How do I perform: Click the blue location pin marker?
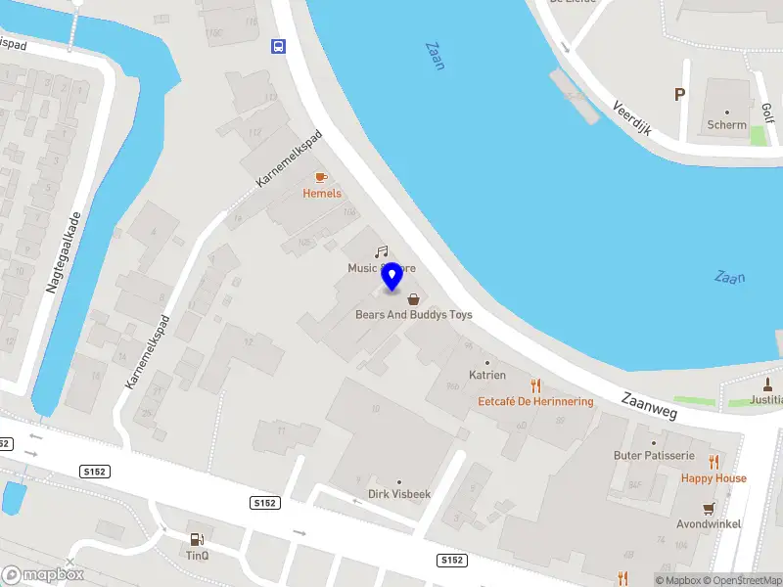(391, 276)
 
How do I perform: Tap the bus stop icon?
(279, 45)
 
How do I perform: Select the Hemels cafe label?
(322, 193)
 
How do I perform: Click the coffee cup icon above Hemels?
(320, 177)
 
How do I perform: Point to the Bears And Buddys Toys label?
(413, 314)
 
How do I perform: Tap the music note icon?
(382, 251)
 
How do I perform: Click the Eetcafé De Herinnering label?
(535, 401)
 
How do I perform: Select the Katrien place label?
(487, 375)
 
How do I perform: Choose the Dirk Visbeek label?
(398, 494)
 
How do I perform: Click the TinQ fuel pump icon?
(198, 539)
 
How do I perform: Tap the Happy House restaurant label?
(714, 478)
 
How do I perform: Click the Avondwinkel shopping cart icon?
(709, 509)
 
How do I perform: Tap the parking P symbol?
(679, 94)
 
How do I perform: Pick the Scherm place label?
(727, 124)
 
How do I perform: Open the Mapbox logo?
(43, 574)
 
